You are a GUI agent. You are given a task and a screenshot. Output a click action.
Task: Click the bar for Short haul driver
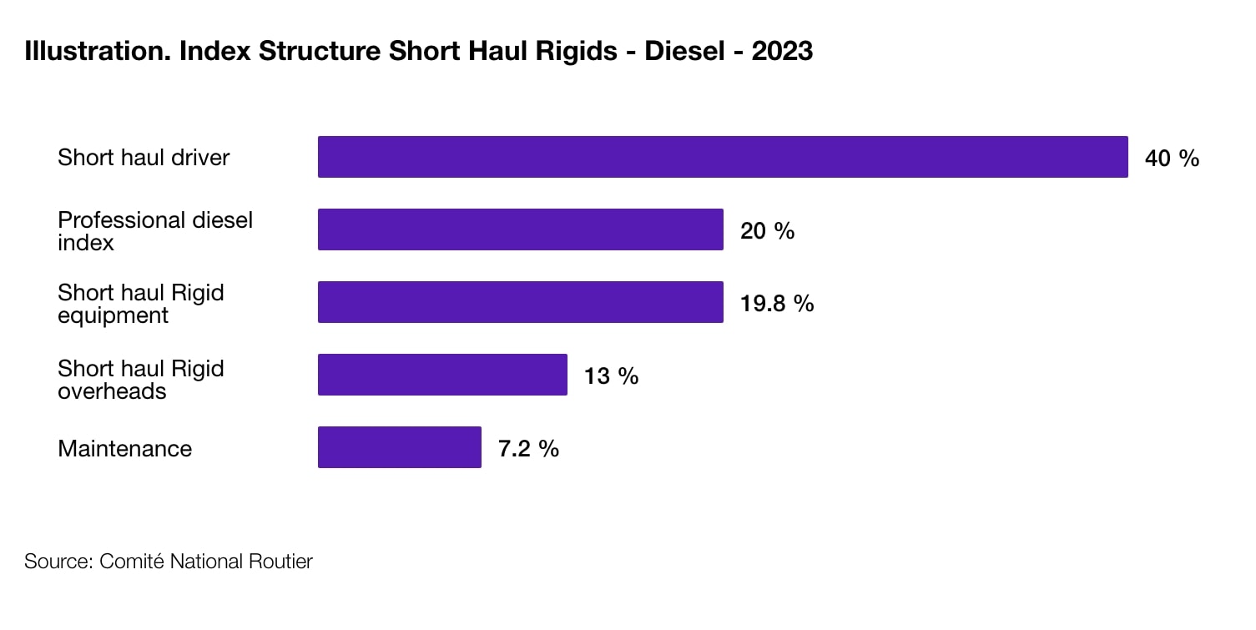click(x=723, y=157)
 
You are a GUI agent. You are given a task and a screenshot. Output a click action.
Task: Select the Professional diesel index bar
click(x=520, y=229)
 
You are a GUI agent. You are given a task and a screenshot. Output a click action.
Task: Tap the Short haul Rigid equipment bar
click(x=520, y=302)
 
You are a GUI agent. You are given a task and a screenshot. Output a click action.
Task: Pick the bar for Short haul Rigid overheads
click(x=442, y=375)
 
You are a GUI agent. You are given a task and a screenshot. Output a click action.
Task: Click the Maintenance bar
click(x=399, y=447)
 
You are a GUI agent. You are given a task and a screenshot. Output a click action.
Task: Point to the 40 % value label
click(x=1172, y=159)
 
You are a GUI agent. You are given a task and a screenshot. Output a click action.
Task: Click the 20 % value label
click(x=767, y=231)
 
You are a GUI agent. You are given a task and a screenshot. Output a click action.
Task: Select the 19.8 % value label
click(x=776, y=304)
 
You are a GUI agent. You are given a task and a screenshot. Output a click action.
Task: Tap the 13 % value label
click(x=611, y=376)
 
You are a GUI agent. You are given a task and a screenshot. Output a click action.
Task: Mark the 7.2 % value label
click(x=528, y=449)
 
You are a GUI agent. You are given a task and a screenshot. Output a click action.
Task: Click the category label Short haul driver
click(x=144, y=157)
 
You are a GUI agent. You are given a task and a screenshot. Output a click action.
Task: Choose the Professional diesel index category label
click(x=155, y=231)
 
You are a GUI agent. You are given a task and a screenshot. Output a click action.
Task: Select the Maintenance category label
click(x=124, y=449)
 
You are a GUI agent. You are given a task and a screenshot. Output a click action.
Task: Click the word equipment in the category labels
click(x=113, y=316)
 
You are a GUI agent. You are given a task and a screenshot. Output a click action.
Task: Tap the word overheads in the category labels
click(x=112, y=391)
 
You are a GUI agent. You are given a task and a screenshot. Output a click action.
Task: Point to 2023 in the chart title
click(x=781, y=51)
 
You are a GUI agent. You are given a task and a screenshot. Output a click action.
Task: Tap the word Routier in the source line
click(x=280, y=562)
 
